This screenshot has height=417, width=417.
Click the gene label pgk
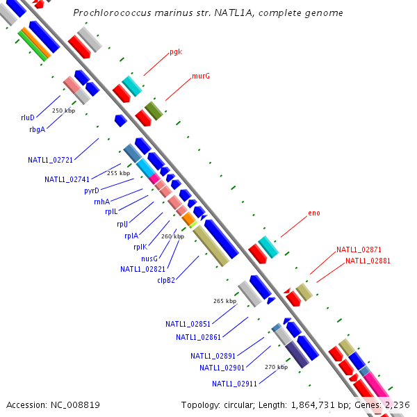click(176, 52)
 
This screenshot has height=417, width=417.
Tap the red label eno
click(314, 213)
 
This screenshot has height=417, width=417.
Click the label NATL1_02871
click(359, 250)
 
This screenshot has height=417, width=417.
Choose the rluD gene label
click(28, 117)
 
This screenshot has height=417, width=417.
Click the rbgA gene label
click(37, 129)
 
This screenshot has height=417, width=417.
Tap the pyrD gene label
click(92, 190)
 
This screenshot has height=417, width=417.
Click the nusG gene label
click(149, 258)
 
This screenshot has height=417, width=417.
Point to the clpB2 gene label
click(166, 280)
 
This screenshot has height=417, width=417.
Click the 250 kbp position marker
click(63, 111)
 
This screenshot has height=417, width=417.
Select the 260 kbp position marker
click(172, 236)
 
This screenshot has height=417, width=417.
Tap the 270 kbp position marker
click(276, 367)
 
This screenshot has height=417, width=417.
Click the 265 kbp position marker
click(224, 301)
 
